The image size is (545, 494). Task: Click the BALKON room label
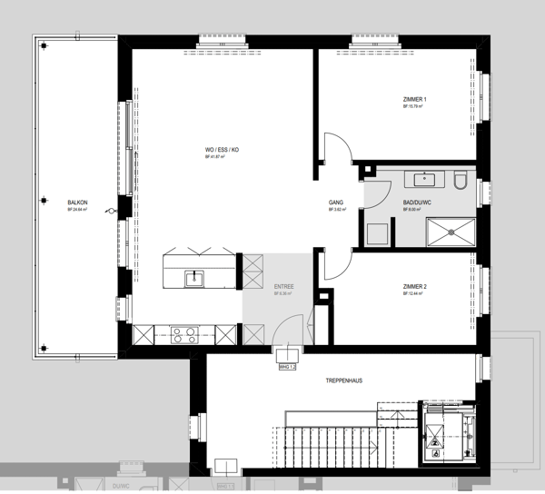click(77, 203)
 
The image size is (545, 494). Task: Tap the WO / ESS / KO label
click(222, 150)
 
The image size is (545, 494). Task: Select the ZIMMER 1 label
click(414, 99)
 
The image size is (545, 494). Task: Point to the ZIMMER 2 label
click(414, 286)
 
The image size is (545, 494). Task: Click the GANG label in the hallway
click(335, 203)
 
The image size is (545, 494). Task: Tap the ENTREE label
click(284, 286)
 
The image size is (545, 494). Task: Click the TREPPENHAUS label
click(343, 380)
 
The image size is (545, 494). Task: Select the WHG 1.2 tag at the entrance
click(288, 366)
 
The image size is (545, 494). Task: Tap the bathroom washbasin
click(423, 178)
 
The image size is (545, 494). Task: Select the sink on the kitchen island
click(194, 278)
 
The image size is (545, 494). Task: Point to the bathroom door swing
click(372, 191)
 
